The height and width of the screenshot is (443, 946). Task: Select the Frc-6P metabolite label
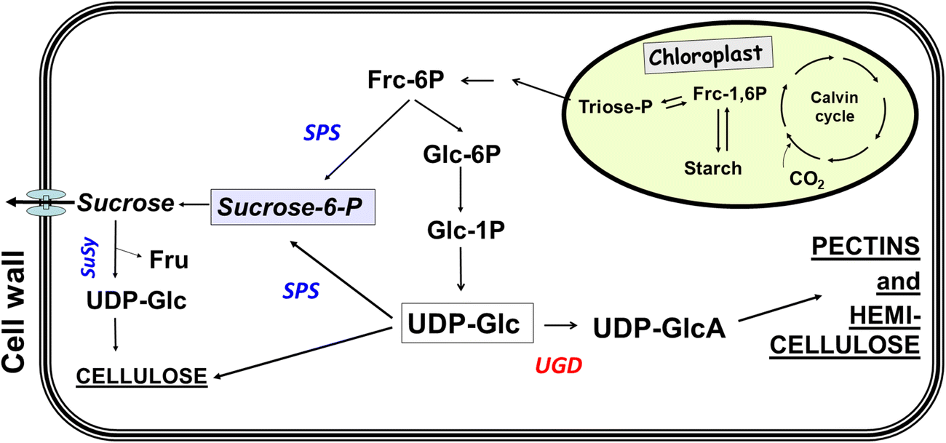point(400,80)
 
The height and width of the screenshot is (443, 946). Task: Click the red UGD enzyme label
point(558,367)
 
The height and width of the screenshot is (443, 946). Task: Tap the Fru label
point(169,259)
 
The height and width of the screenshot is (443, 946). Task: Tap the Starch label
point(712,168)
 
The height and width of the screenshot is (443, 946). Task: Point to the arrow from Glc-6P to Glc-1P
point(459,196)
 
